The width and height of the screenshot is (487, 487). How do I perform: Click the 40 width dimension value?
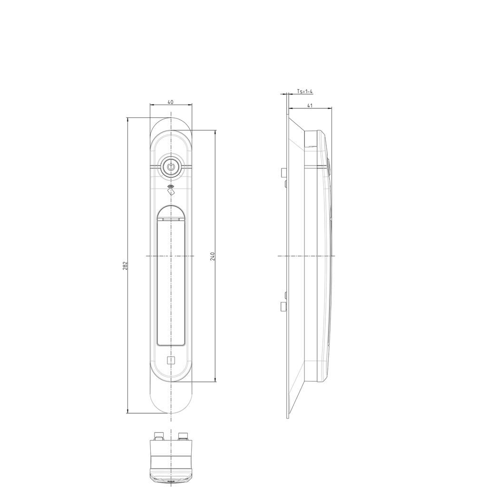pyautogui.click(x=170, y=102)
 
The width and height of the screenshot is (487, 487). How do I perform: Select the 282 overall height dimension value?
pyautogui.click(x=125, y=265)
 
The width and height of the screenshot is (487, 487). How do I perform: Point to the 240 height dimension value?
pyautogui.click(x=213, y=256)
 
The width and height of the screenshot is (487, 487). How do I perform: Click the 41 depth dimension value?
pyautogui.click(x=310, y=106)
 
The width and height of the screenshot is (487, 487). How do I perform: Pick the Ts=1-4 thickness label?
pyautogui.click(x=304, y=91)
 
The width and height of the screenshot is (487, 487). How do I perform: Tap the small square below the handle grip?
pyautogui.click(x=171, y=360)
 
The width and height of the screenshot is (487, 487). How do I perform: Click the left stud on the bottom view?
pyautogui.click(x=158, y=435)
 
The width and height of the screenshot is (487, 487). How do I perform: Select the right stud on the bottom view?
pyautogui.click(x=183, y=435)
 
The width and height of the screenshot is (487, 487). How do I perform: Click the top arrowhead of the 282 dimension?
pyautogui.click(x=127, y=120)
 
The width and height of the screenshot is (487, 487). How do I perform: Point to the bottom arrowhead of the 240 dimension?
pyautogui.click(x=215, y=379)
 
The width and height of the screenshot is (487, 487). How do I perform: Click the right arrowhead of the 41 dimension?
pyautogui.click(x=330, y=108)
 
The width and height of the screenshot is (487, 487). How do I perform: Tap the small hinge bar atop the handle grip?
pyautogui.click(x=170, y=220)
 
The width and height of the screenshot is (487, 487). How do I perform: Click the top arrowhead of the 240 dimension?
pyautogui.click(x=215, y=133)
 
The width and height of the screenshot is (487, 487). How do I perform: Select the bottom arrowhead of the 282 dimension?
pyautogui.click(x=127, y=411)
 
